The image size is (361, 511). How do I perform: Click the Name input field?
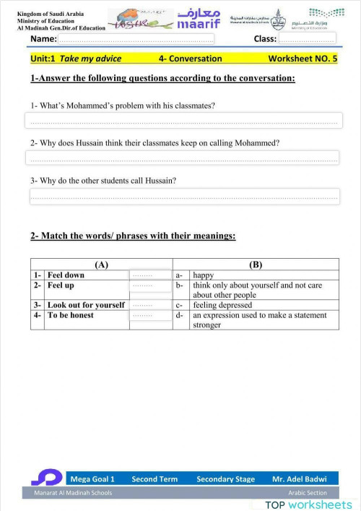click(x=137, y=39)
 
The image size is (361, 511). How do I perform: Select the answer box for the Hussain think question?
click(x=182, y=158)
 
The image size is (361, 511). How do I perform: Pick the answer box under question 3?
click(x=184, y=196)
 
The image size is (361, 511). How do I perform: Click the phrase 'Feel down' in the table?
click(x=66, y=275)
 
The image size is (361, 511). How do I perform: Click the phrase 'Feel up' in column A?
click(x=61, y=285)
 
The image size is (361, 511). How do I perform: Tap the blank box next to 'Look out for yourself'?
click(x=150, y=305)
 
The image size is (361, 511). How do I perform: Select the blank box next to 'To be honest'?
click(x=150, y=315)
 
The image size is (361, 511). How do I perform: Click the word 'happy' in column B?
click(x=204, y=275)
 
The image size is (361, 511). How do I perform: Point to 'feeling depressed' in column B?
click(x=222, y=305)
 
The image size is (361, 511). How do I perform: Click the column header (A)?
click(x=101, y=265)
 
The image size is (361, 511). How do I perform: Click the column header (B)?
click(x=256, y=265)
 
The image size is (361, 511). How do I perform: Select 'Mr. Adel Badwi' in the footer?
click(x=299, y=478)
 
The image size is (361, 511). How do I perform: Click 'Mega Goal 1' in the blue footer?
click(x=92, y=478)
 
